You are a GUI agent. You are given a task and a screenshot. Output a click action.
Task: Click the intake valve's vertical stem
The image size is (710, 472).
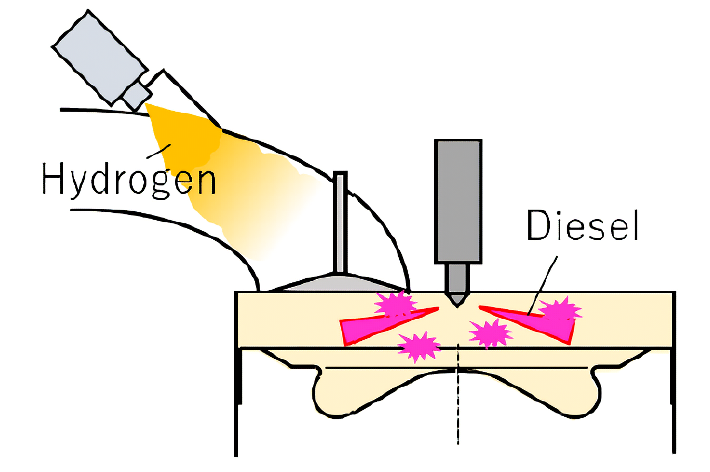(340, 221)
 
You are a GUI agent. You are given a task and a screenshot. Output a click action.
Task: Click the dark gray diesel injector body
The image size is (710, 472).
(458, 200)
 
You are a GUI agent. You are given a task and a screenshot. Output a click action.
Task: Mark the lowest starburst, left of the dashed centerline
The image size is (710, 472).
(419, 346)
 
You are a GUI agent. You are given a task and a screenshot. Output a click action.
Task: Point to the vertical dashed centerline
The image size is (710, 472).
(458, 400)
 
